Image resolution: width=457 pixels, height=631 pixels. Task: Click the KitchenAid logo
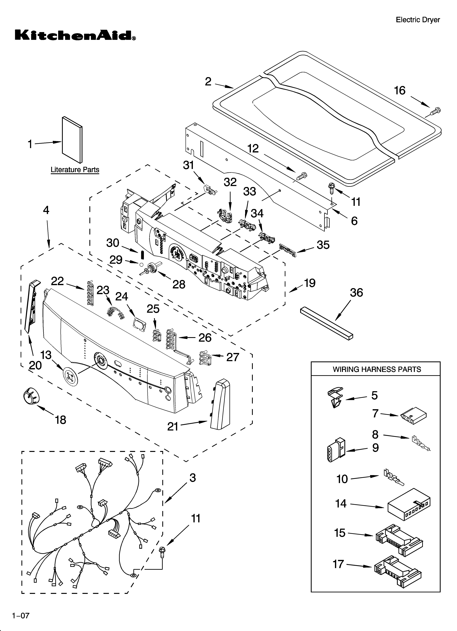pos(75,36)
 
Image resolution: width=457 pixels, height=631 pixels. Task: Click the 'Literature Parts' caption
pos(75,170)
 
